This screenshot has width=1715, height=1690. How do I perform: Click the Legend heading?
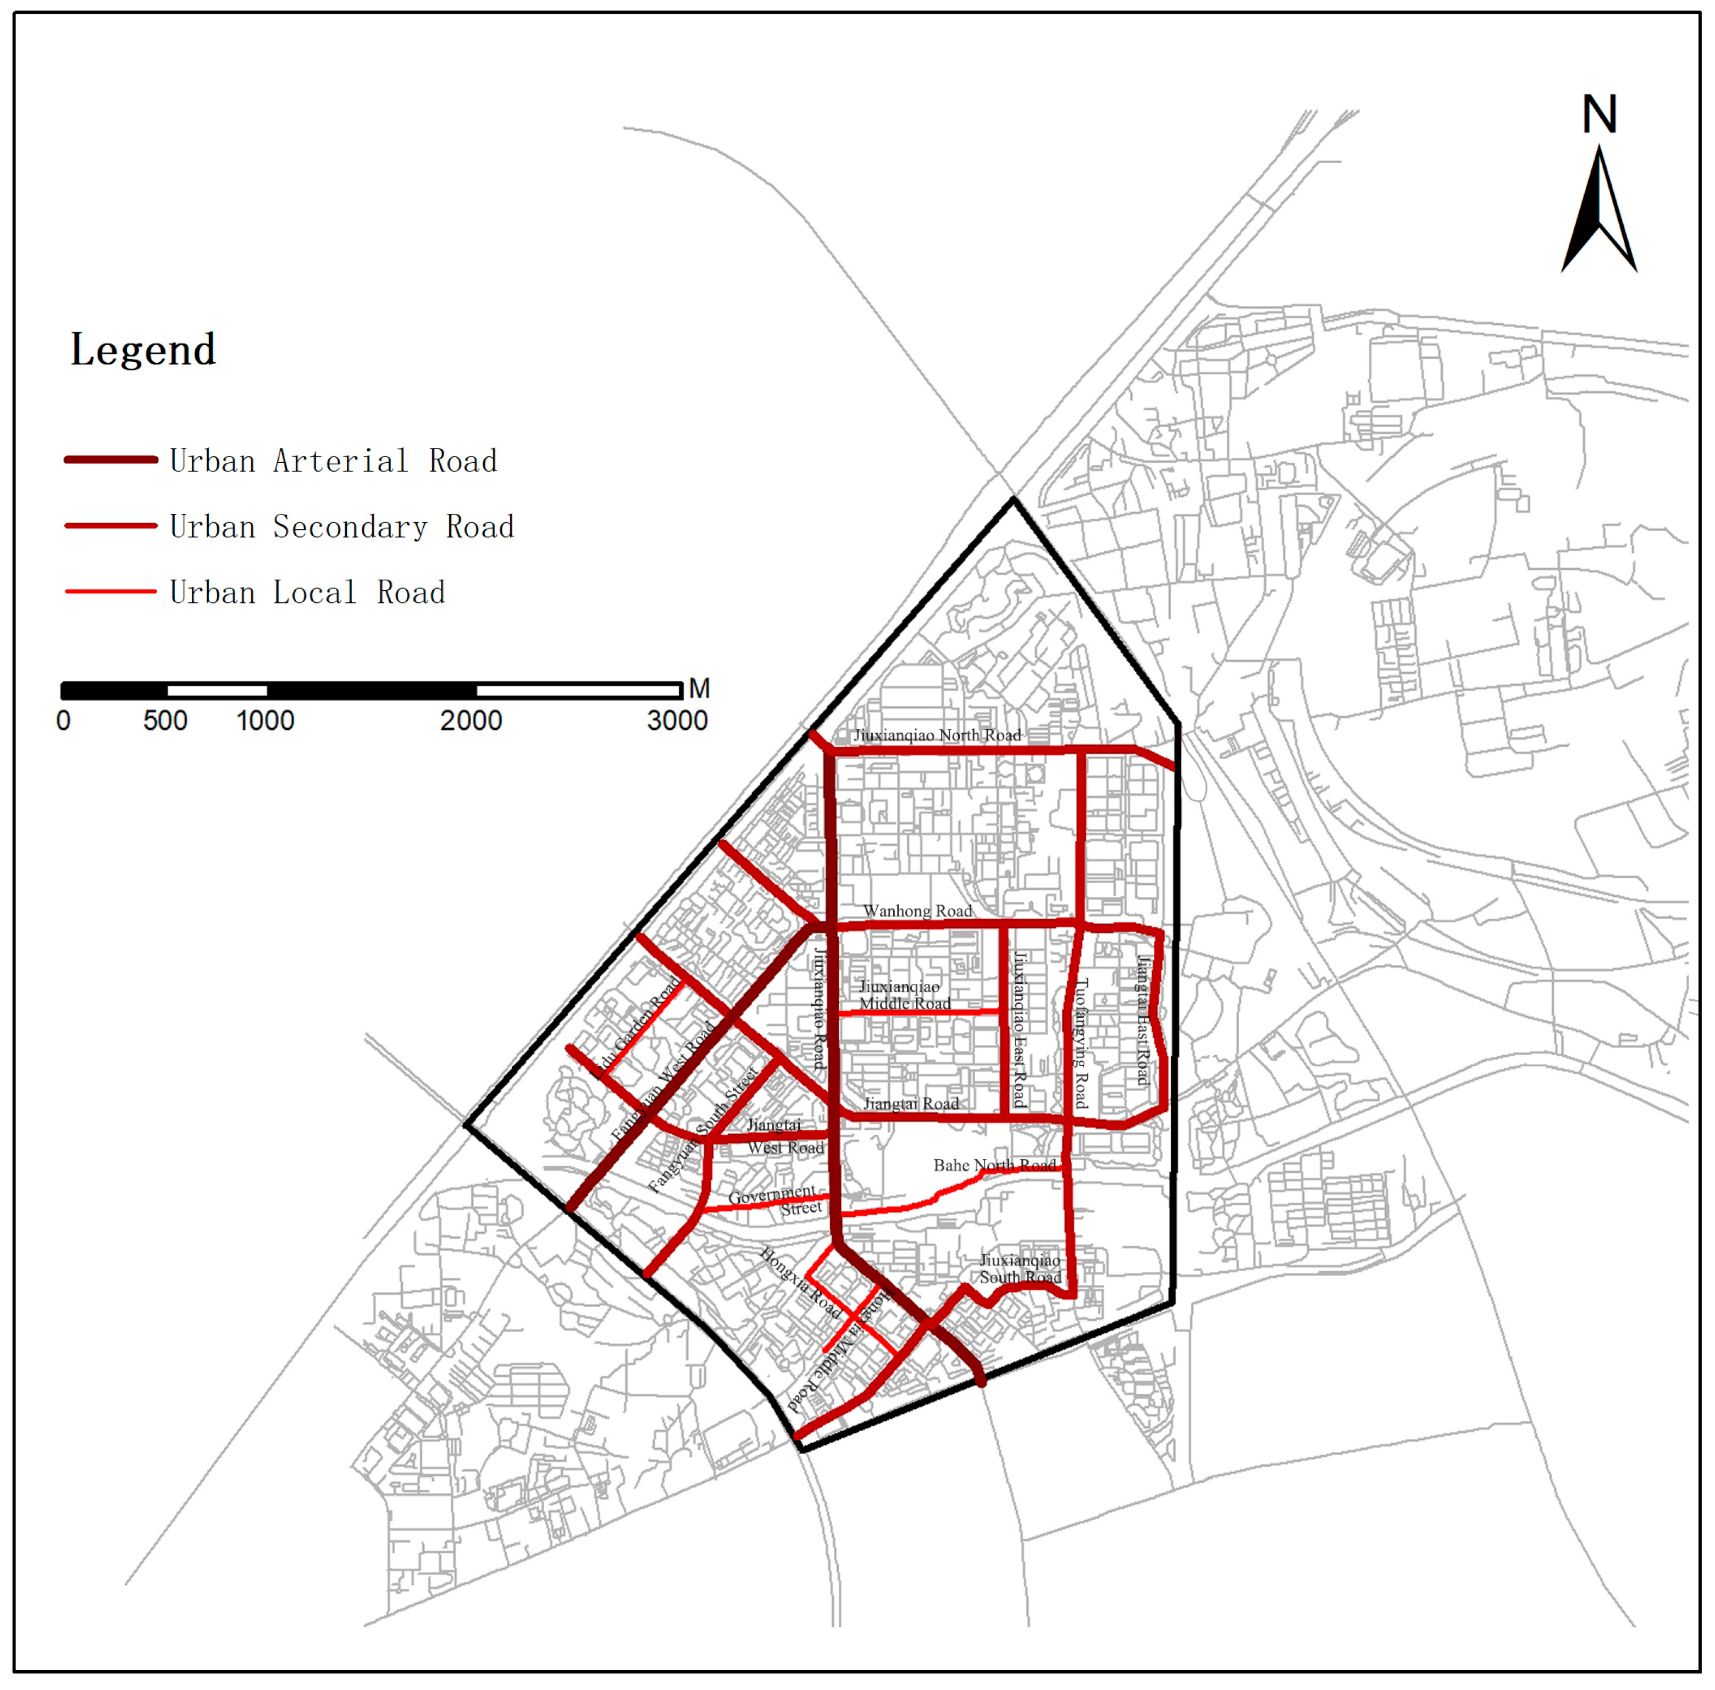click(143, 350)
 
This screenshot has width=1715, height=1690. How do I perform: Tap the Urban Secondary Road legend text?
click(342, 527)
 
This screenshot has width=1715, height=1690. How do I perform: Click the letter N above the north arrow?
click(1600, 115)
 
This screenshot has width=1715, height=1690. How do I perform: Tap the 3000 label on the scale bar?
click(677, 721)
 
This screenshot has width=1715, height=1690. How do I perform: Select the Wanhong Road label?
click(918, 912)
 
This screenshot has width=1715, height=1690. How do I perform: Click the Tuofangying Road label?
click(1080, 1044)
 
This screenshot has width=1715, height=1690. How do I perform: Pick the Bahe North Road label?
click(994, 1166)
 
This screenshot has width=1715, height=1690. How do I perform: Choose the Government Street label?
click(774, 1200)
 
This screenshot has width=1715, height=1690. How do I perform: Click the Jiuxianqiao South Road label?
click(1020, 1269)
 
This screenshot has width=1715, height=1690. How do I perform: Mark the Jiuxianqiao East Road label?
click(1020, 1029)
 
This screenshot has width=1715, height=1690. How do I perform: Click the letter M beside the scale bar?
click(700, 689)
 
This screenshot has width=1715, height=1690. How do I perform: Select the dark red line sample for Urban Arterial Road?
click(111, 460)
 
